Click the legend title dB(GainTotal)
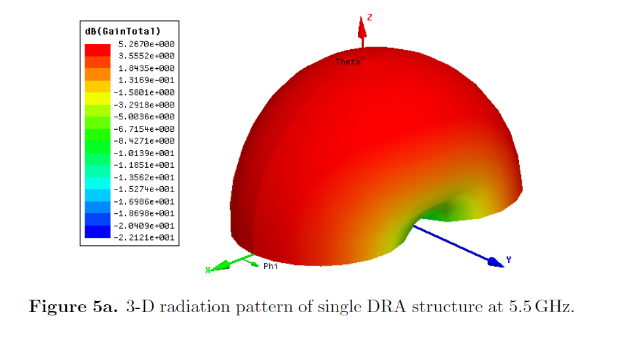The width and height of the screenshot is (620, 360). click(x=123, y=31)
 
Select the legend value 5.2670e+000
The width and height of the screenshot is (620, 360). click(x=144, y=44)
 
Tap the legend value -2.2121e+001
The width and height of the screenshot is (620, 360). click(x=144, y=238)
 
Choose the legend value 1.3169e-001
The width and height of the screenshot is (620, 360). click(x=144, y=80)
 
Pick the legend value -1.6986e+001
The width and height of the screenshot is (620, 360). click(x=144, y=201)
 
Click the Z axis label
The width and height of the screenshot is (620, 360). click(x=370, y=18)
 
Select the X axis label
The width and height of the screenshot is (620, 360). click(x=208, y=270)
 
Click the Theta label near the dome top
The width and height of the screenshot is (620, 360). click(x=347, y=62)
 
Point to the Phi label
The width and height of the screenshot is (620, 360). click(x=270, y=266)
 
